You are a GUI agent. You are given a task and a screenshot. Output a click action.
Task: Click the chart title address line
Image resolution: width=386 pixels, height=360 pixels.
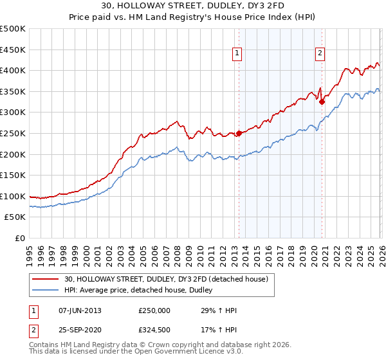[193, 6]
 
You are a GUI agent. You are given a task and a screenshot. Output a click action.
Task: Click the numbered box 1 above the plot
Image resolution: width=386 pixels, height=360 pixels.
[237, 54]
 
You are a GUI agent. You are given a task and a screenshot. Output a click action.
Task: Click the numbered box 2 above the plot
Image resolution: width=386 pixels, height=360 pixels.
[320, 54]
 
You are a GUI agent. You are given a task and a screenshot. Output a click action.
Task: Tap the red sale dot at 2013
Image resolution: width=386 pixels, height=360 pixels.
[239, 133]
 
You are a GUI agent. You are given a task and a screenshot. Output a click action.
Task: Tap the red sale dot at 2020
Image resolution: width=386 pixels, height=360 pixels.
[322, 102]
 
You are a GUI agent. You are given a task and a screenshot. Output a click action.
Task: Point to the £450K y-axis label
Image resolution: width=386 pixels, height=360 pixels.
[13, 50]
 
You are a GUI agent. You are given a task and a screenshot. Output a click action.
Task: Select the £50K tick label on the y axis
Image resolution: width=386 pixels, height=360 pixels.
[15, 217]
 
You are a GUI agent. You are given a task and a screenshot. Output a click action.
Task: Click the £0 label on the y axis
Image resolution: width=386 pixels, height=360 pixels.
[21, 239]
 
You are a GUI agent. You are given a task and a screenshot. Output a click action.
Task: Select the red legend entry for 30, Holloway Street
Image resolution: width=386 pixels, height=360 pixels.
[170, 278]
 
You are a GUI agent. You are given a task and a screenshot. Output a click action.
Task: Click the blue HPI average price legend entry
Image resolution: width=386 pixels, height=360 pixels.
[142, 290]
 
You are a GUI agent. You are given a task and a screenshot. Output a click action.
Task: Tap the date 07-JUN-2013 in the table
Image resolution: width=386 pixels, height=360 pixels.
[80, 310]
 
